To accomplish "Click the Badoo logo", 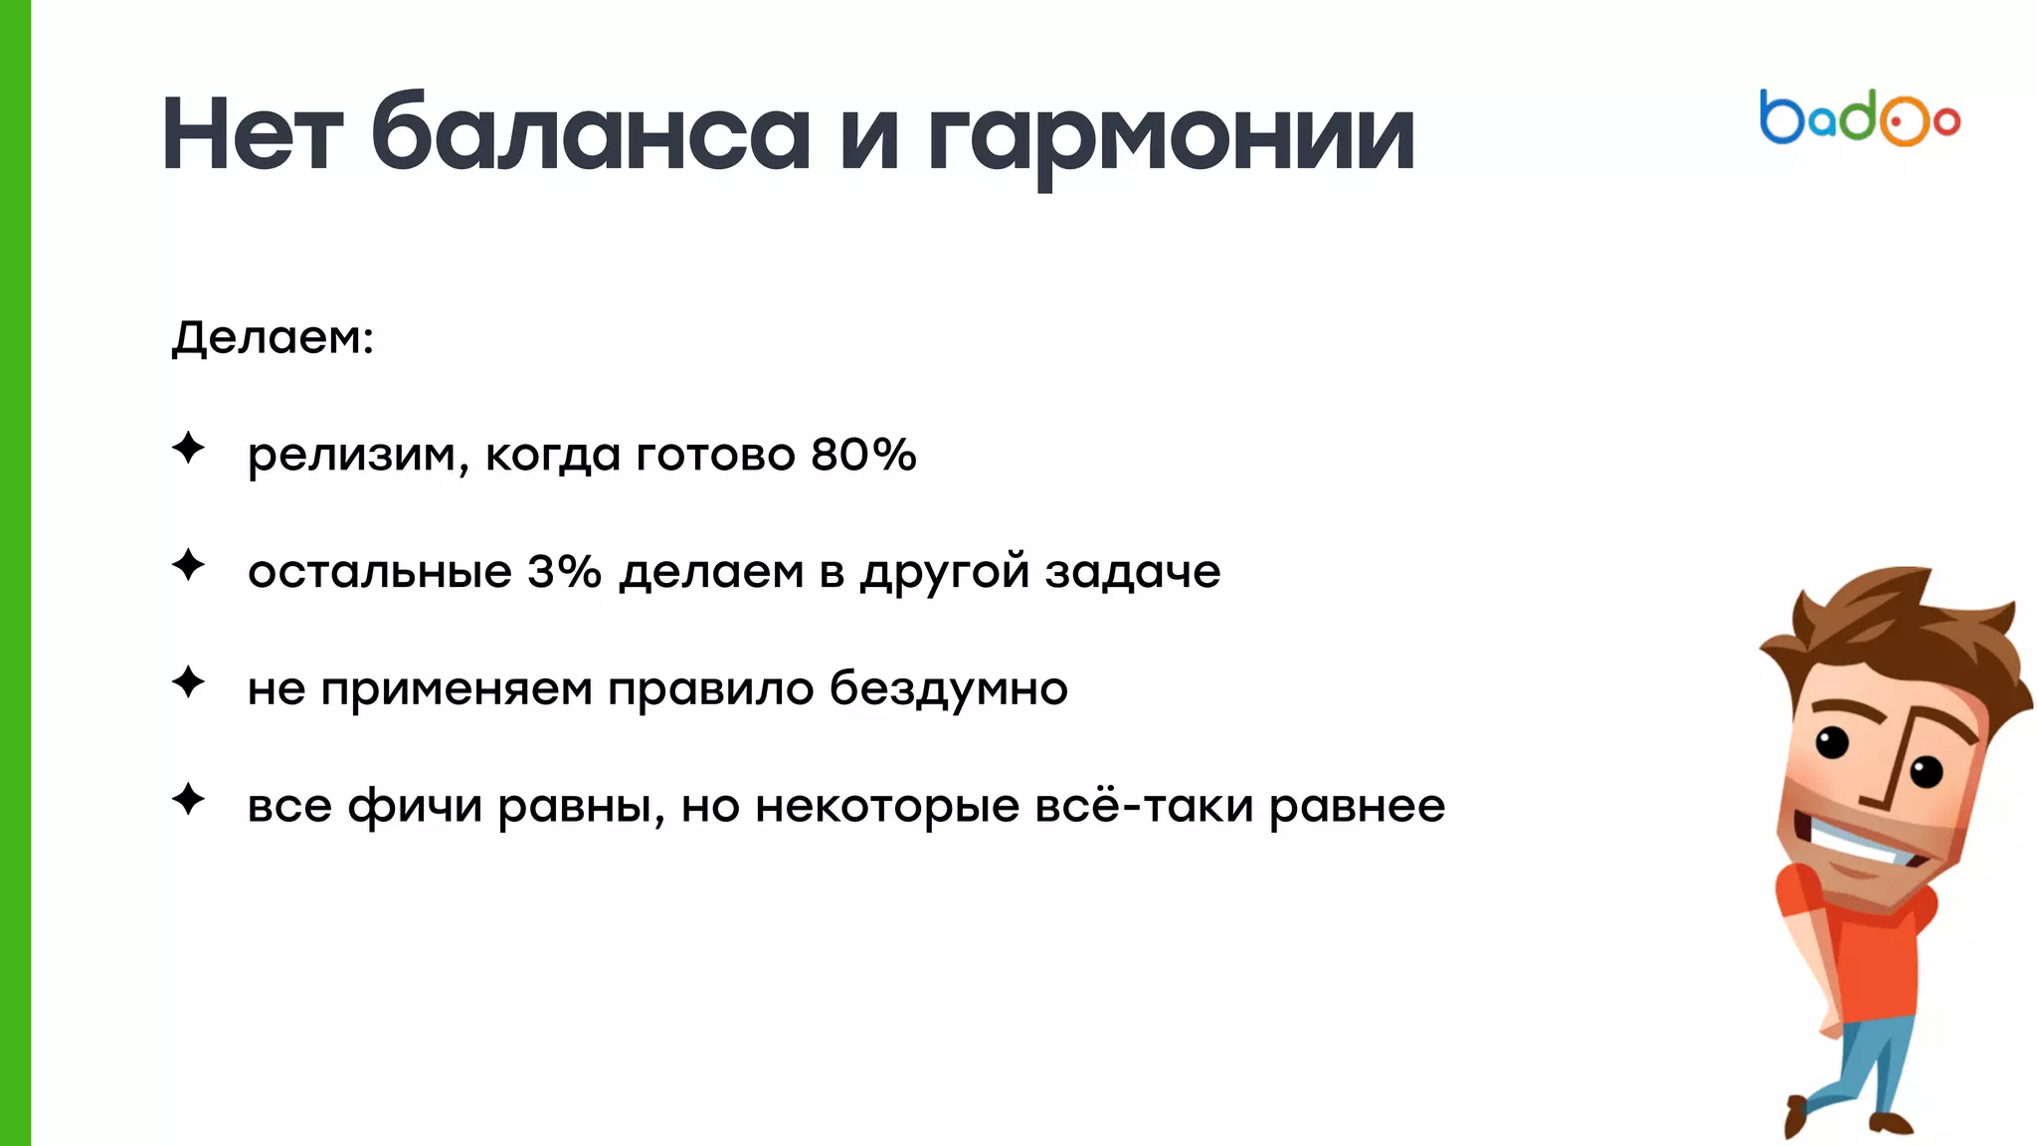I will [1859, 118].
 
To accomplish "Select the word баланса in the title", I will [591, 134].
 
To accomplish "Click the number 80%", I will [863, 455].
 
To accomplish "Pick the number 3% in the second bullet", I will [564, 571].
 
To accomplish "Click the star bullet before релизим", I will [188, 449].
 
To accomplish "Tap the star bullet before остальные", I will [188, 565].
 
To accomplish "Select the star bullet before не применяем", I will [188, 682].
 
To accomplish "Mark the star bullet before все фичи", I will [188, 799].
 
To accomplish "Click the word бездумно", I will [949, 688].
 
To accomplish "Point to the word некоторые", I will [887, 806].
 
